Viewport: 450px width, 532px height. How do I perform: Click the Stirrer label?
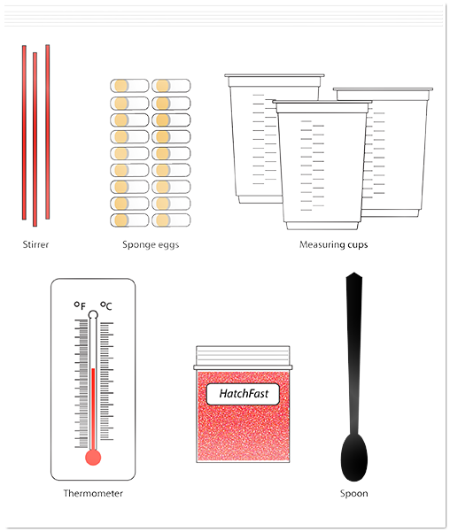coord(35,244)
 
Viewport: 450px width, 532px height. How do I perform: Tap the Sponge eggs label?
coord(151,245)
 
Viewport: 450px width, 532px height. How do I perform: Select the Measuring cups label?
coord(333,245)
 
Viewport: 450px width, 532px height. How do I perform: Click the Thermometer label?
coord(93,493)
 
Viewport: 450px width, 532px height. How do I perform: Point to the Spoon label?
coord(353,494)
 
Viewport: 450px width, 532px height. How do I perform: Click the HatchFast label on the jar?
coord(244,394)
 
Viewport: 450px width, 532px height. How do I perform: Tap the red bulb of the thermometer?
coord(93,458)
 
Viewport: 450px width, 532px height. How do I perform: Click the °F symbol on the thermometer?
coord(80,305)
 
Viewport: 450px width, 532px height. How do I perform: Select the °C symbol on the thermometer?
coord(106,305)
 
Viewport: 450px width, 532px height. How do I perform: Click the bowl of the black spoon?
coord(353,457)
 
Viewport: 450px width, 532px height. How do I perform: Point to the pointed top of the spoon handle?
coord(353,273)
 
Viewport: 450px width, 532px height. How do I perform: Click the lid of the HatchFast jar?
coord(243,358)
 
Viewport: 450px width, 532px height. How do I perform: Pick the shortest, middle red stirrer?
coord(35,139)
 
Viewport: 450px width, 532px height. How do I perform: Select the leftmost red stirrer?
coord(24,132)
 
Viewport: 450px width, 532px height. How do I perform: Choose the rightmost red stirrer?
coord(48,132)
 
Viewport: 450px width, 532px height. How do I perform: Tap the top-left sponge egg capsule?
coord(129,86)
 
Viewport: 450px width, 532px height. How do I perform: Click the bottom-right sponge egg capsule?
coord(171,220)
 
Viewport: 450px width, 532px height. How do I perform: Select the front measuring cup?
coord(322,166)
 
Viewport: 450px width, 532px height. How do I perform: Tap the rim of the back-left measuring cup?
coord(275,75)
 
